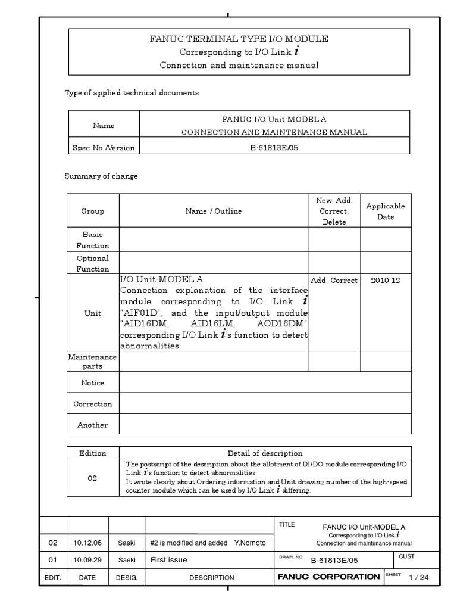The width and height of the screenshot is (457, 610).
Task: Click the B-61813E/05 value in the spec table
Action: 274,148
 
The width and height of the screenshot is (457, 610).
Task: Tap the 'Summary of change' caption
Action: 101,176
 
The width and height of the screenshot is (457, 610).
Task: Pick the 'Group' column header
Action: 92,211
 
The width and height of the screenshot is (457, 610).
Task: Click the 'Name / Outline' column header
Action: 214,211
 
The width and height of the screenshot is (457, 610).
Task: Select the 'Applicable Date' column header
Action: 385,211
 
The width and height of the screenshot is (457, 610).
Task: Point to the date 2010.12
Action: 385,280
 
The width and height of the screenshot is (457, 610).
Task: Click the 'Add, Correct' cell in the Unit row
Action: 334,280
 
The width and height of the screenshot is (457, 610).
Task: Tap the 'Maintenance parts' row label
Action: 92,362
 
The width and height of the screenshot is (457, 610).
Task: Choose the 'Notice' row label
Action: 92,383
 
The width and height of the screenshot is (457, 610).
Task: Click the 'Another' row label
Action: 92,425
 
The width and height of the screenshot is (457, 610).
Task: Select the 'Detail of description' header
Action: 265,453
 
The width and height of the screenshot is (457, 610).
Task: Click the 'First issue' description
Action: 169,560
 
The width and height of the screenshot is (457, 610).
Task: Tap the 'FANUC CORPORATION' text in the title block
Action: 328,577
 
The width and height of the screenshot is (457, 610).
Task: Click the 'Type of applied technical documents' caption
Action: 131,93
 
